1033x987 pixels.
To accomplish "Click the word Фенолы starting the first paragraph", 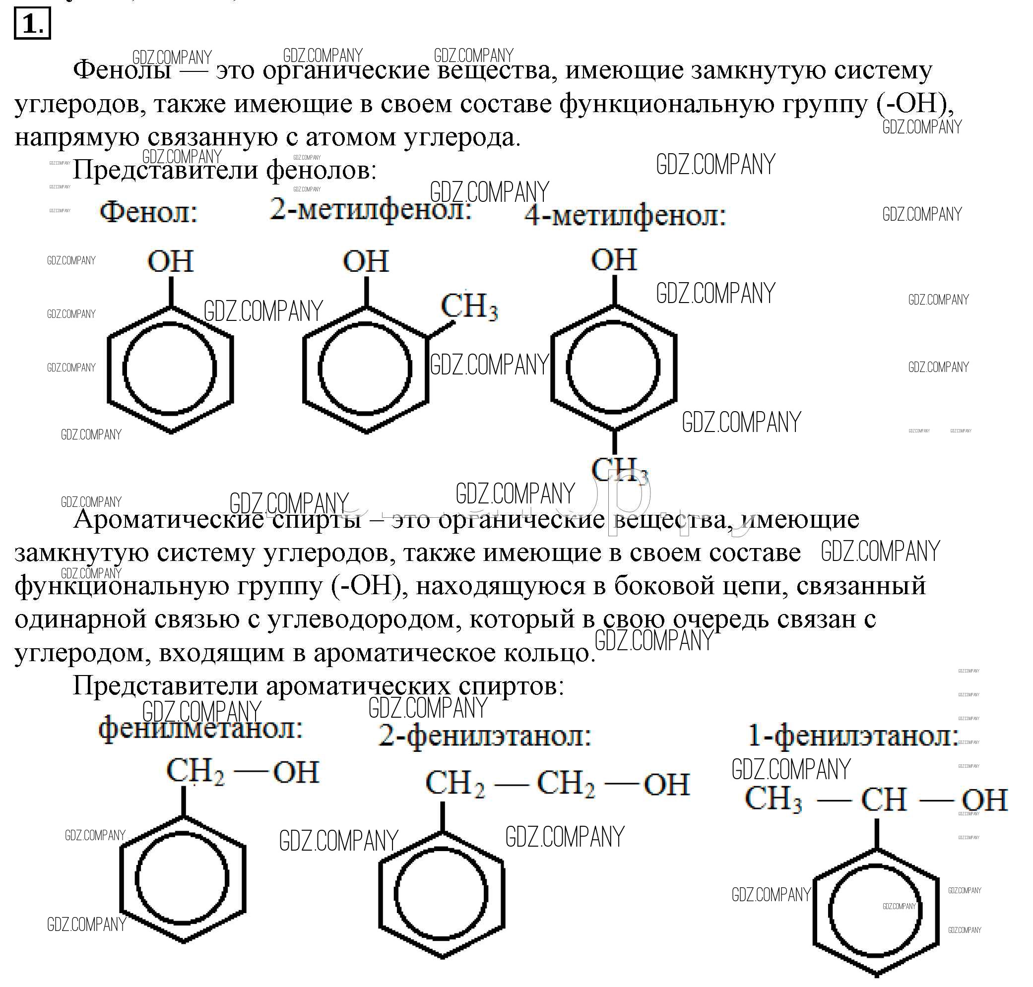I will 122,70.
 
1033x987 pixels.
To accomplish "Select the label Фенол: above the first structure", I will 149,213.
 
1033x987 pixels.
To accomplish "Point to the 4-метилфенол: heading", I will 625,216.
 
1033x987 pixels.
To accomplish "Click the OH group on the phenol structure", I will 171,261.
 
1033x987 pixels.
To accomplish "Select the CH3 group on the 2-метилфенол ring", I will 469,307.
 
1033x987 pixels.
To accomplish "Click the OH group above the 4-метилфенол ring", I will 614,260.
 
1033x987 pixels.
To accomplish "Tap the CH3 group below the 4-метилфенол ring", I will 619,469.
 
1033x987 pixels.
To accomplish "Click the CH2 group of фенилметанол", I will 195,772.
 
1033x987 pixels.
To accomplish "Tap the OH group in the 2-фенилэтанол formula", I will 666,785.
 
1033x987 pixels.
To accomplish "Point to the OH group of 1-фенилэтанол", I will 984,800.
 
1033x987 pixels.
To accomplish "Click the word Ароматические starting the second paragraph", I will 168,520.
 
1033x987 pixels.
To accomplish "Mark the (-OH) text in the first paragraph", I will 914,104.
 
